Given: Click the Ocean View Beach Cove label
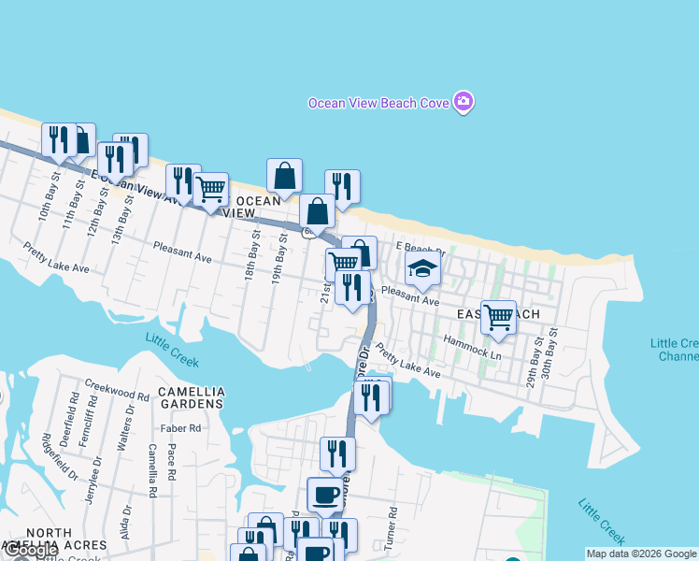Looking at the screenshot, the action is click(378, 103).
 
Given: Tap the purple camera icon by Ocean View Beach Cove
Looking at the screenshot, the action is click(464, 101).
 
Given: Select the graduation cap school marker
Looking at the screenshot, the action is click(422, 271).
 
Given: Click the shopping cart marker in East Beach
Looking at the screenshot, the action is click(498, 318).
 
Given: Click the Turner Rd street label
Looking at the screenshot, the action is click(394, 527).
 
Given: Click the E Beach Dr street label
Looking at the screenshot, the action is click(421, 248).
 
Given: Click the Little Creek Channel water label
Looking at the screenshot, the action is click(674, 350).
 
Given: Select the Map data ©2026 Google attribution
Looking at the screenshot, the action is click(641, 554).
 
